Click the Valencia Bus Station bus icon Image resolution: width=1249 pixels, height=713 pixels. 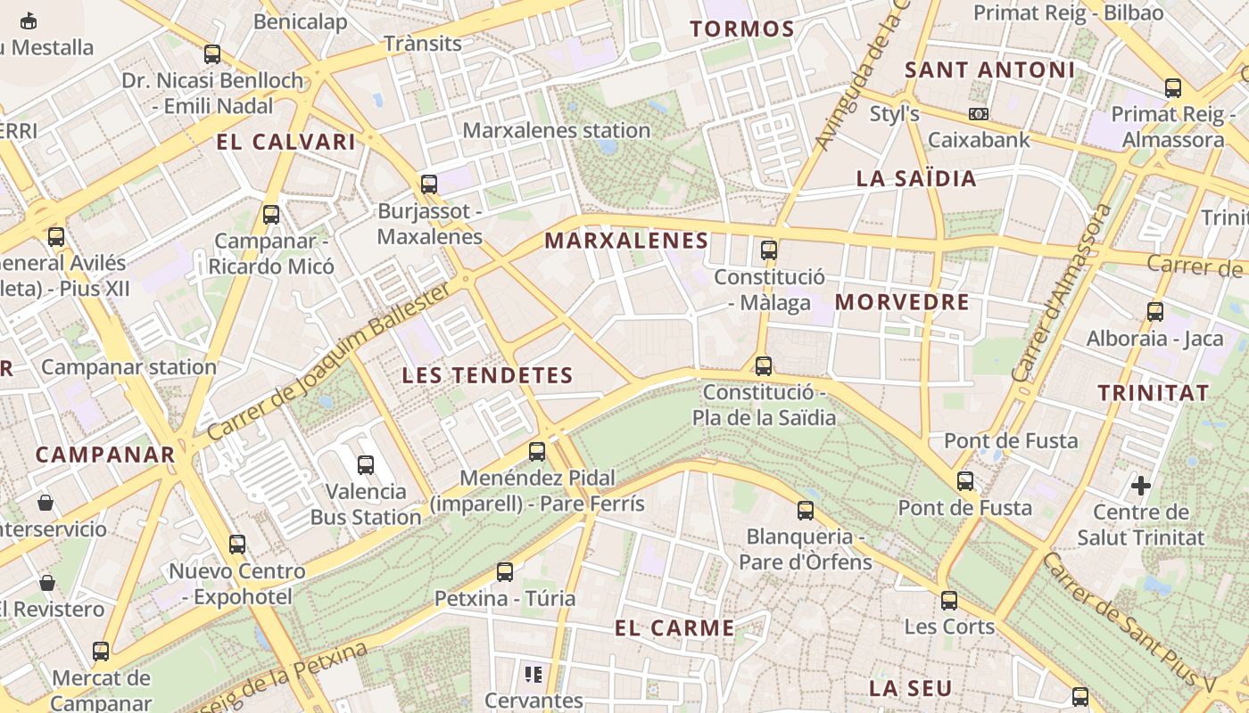(366, 464)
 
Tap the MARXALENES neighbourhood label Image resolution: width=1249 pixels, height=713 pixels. (626, 241)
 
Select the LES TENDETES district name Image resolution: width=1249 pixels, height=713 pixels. (487, 375)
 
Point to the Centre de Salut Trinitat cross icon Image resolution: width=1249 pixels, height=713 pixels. (1141, 486)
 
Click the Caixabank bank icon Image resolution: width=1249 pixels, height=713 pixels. (979, 114)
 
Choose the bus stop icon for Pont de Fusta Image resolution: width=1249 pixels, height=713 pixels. (965, 481)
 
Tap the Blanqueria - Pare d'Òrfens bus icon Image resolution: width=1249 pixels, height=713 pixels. (806, 511)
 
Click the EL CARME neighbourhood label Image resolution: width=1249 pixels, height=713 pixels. (674, 628)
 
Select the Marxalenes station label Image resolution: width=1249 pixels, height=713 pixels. (556, 130)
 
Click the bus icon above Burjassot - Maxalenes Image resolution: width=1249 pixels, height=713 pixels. (429, 184)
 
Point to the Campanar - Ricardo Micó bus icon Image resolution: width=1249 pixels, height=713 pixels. (271, 215)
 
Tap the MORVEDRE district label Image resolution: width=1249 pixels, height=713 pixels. (902, 302)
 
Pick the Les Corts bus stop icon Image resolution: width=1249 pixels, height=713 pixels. (949, 601)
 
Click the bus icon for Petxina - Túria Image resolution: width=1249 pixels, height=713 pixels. (505, 572)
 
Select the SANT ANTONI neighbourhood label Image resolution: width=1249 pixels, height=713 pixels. (989, 70)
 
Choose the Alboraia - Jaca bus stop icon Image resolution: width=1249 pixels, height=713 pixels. (1155, 312)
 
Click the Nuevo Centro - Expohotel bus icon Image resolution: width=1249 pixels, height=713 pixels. (237, 545)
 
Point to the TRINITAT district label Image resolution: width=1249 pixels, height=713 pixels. (1153, 393)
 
